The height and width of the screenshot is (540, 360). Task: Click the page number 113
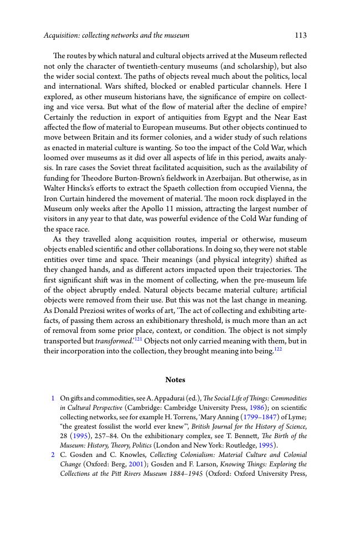(x=301, y=35)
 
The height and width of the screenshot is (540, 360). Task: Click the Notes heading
(x=175, y=380)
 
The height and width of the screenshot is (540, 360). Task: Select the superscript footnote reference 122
(x=277, y=349)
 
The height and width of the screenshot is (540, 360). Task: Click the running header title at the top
(x=116, y=35)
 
